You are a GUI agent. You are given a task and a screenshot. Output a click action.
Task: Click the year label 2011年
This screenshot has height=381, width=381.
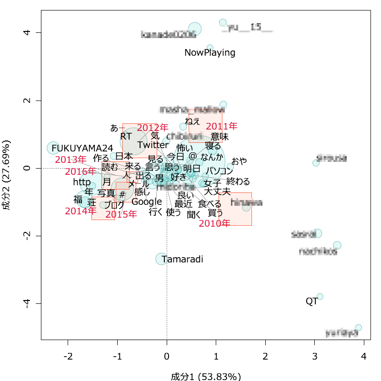click(221, 127)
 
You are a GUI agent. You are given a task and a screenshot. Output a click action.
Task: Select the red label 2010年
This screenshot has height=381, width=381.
click(214, 223)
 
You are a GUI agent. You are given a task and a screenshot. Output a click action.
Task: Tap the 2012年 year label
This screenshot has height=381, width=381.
click(153, 128)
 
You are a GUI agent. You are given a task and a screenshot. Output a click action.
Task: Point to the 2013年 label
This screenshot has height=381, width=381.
click(70, 160)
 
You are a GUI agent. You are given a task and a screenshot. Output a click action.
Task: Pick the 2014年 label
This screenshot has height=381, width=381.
click(80, 211)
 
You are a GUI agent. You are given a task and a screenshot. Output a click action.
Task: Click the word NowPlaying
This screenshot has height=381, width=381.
click(210, 53)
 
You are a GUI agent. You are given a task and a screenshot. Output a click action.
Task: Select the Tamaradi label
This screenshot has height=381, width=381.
click(182, 260)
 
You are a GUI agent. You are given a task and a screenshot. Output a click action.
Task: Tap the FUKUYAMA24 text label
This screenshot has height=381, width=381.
click(82, 148)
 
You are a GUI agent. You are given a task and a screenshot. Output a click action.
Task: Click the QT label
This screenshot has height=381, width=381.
click(311, 301)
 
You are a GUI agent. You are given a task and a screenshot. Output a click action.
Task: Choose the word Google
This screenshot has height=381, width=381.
click(147, 202)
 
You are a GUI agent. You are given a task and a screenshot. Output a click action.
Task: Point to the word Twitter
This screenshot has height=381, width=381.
click(152, 145)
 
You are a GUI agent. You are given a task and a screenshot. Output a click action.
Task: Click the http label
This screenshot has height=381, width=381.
click(82, 182)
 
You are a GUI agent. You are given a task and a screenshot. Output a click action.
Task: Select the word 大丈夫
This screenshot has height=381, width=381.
click(217, 192)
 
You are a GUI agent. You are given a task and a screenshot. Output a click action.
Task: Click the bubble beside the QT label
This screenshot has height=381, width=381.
click(320, 297)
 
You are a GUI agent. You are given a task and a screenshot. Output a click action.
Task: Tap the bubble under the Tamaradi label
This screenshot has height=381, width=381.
click(161, 259)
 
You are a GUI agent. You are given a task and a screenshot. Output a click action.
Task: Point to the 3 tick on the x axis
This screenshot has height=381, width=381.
click(315, 356)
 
